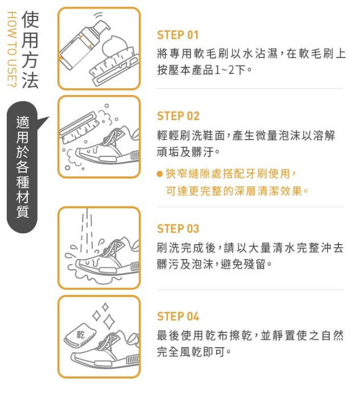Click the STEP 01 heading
(x=178, y=35)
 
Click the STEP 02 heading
(x=178, y=116)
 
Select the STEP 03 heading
(x=178, y=229)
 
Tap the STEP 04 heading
(x=178, y=316)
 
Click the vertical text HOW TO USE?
(x=11, y=50)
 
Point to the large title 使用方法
(x=30, y=50)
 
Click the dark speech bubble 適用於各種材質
(x=23, y=167)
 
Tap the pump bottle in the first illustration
(x=83, y=42)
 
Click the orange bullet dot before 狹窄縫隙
(x=159, y=174)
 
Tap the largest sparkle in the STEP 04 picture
(x=109, y=322)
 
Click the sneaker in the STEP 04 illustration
(x=105, y=351)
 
